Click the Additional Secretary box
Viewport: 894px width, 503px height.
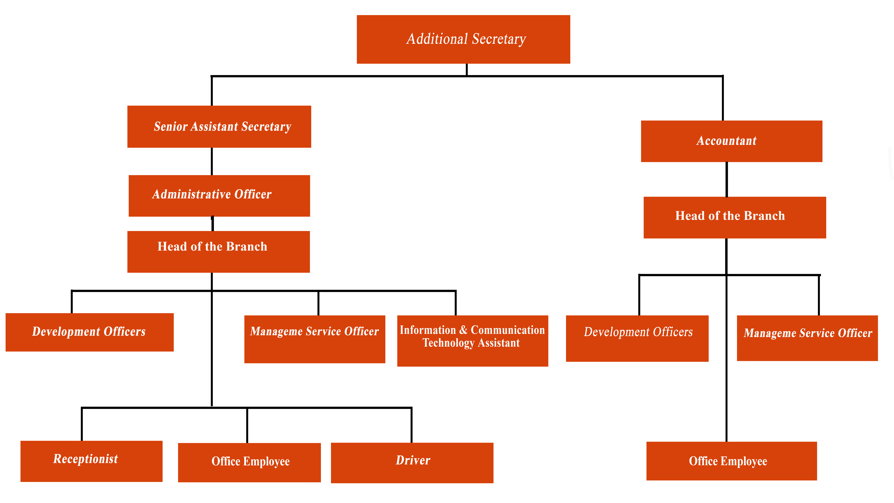pos(463,39)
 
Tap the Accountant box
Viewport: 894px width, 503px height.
pos(732,141)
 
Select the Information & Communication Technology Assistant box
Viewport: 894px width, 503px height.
pos(473,341)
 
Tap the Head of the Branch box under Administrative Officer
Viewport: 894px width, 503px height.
pos(219,252)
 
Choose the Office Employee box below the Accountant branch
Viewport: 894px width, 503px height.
pos(732,461)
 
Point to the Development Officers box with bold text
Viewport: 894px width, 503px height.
pos(89,332)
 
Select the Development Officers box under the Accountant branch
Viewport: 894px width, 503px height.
pos(637,339)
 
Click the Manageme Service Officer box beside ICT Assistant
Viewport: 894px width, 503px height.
pos(315,339)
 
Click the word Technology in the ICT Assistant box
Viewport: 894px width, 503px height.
pos(448,343)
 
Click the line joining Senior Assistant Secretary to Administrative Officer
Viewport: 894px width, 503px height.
pos(212,161)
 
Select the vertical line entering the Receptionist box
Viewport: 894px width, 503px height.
pos(82,424)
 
